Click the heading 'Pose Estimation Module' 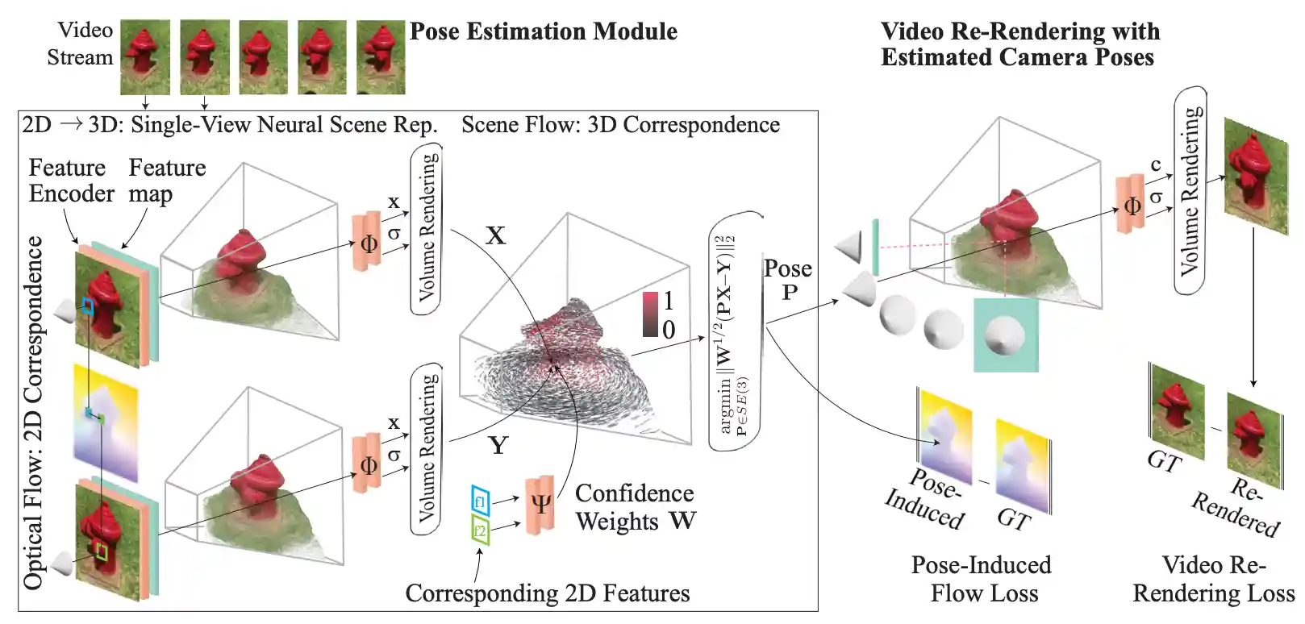pos(543,31)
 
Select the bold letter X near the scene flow pos(495,235)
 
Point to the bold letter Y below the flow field pos(498,445)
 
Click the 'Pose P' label pos(787,279)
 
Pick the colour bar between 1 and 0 pos(650,314)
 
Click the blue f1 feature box pos(480,501)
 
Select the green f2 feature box pos(480,530)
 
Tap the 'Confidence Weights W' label pos(635,507)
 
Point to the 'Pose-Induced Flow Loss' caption pos(982,579)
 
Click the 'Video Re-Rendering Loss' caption pos(1213,579)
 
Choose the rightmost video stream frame pos(381,57)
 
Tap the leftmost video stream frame pos(145,57)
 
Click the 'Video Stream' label pos(80,44)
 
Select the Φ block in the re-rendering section pos(1131,206)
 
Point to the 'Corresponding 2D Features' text pos(547,593)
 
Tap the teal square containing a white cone pos(1005,335)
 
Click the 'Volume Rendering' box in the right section pos(1189,190)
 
